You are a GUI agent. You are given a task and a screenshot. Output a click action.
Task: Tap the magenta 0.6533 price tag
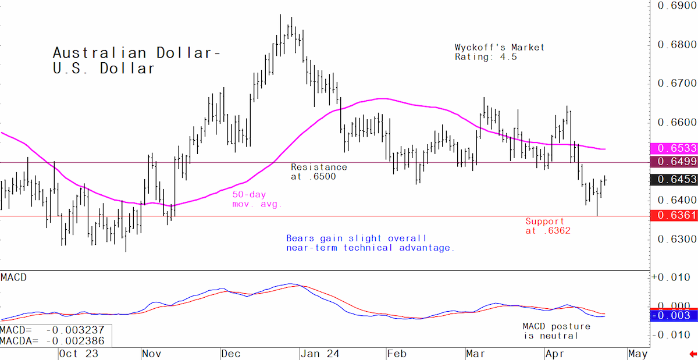point(674,148)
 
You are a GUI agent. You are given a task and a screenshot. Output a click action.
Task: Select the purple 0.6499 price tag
point(674,162)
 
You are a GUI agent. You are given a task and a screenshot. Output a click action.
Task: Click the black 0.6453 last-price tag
point(674,179)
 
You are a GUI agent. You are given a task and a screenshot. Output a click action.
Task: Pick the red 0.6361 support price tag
point(674,215)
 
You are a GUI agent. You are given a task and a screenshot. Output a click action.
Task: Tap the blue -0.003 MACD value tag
point(674,315)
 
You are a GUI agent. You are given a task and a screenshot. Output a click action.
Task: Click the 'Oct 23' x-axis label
point(79,354)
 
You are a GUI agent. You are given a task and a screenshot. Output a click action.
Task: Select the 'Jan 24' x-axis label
point(320,354)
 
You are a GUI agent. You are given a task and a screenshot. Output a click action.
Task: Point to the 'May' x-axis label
point(638,354)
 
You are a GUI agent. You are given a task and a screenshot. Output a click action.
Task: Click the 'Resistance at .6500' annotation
point(319,172)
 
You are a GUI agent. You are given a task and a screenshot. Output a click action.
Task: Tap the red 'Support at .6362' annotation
point(548,226)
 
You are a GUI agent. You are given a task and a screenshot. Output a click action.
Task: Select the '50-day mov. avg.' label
point(257,199)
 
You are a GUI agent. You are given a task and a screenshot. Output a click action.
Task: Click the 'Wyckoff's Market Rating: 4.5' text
point(500,52)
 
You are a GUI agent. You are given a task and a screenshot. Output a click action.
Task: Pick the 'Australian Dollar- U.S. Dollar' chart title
point(137,60)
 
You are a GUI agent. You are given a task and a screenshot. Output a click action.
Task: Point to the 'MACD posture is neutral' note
point(557,331)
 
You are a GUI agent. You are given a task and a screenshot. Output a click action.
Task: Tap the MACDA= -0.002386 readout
point(52,341)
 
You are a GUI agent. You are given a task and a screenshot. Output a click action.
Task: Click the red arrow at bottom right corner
point(693,354)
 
